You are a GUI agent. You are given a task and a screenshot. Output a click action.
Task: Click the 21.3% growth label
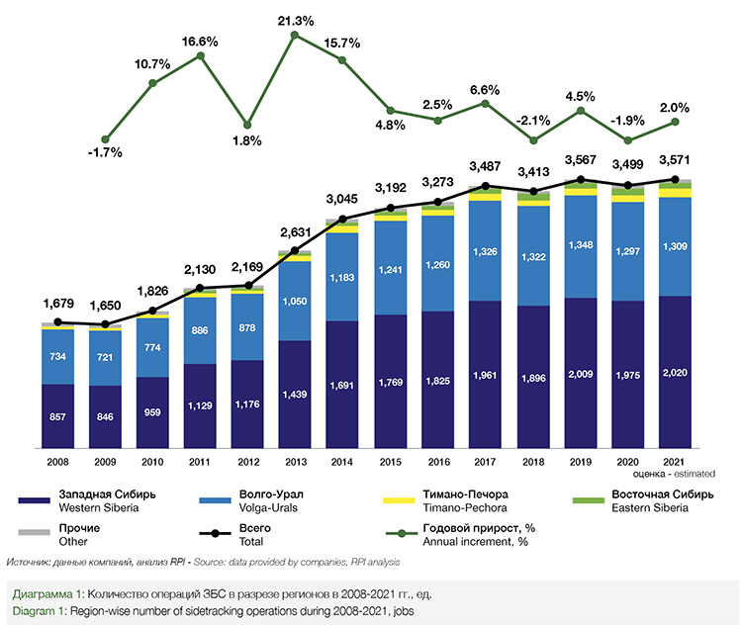(x=294, y=20)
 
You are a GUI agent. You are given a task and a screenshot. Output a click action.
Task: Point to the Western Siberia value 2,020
(x=675, y=373)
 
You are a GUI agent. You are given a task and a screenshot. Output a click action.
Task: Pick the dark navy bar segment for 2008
(x=57, y=414)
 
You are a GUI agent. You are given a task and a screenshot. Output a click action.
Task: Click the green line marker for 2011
(x=201, y=55)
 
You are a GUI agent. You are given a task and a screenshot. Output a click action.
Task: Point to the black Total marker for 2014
(x=342, y=219)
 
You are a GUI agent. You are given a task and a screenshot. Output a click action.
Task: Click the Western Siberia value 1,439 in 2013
(x=295, y=394)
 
